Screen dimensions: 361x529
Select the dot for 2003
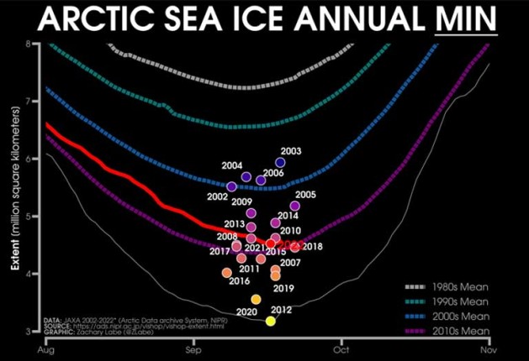[x=280, y=163]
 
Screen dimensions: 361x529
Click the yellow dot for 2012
[x=270, y=321]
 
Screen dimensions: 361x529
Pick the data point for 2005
[x=295, y=206]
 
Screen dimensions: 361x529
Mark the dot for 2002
[x=232, y=186]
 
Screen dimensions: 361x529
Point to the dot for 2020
[x=257, y=300]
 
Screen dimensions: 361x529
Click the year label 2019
[x=283, y=289]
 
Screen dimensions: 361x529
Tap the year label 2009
[x=242, y=201]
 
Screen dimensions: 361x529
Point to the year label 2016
[x=240, y=280]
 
